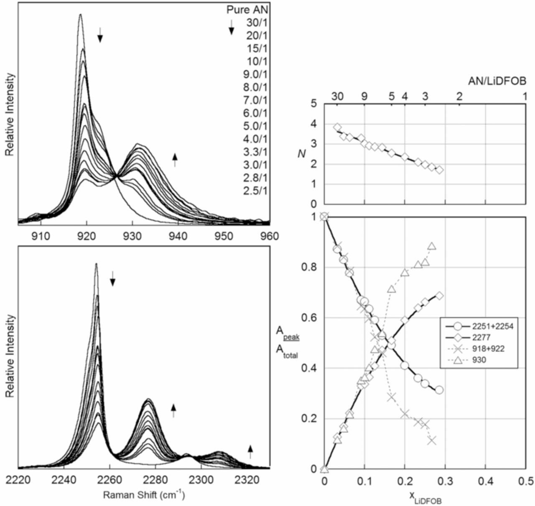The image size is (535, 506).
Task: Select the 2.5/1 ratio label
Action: tap(258, 191)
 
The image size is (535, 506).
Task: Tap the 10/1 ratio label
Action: tap(258, 61)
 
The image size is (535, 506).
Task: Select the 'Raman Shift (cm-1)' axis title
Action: tap(144, 495)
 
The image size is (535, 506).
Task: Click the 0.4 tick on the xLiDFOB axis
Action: tap(485, 480)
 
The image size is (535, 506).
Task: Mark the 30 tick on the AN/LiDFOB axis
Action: tap(338, 96)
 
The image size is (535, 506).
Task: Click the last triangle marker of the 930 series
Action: tap(432, 246)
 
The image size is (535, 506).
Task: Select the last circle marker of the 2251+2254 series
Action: tap(439, 390)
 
